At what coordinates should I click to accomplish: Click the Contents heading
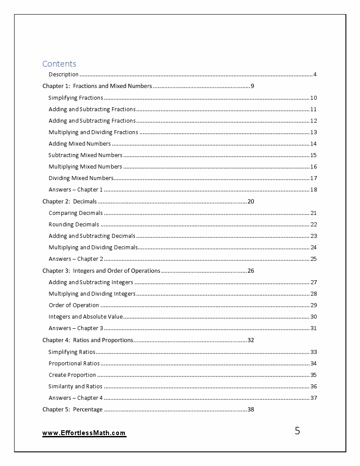click(x=59, y=64)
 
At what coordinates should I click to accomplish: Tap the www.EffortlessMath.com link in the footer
click(x=84, y=433)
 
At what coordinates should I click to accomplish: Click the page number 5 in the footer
click(x=297, y=431)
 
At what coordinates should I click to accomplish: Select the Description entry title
click(x=64, y=75)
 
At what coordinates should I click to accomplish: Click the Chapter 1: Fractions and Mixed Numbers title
click(x=97, y=86)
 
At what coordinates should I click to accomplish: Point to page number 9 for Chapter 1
click(x=252, y=86)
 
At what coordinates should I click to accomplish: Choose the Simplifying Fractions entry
click(x=75, y=98)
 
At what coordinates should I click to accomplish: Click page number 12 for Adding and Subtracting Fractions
click(x=313, y=121)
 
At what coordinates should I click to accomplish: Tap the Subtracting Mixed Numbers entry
click(x=85, y=155)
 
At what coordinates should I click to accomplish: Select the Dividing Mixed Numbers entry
click(x=81, y=178)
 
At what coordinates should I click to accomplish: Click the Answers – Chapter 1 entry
click(x=75, y=190)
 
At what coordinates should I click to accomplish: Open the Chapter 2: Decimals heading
click(x=69, y=202)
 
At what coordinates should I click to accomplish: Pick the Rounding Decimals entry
click(x=74, y=225)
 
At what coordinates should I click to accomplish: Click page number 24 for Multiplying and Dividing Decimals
click(x=313, y=248)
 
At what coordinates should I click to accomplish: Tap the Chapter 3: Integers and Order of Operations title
click(x=101, y=271)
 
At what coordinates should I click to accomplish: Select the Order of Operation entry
click(x=74, y=305)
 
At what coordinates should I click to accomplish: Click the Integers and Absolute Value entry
click(x=86, y=317)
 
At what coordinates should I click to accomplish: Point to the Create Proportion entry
click(x=72, y=375)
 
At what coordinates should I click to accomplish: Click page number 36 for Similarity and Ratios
click(x=313, y=387)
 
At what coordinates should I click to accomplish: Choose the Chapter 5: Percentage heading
click(x=72, y=410)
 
